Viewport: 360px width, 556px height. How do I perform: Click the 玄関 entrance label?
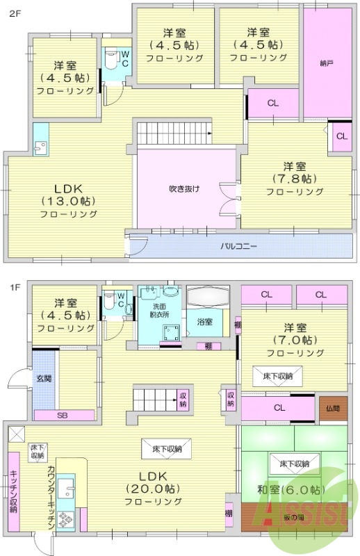pos(43,379)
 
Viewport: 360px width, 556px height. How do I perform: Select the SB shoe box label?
pos(62,415)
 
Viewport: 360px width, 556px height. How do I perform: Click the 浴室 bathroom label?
pos(204,322)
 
